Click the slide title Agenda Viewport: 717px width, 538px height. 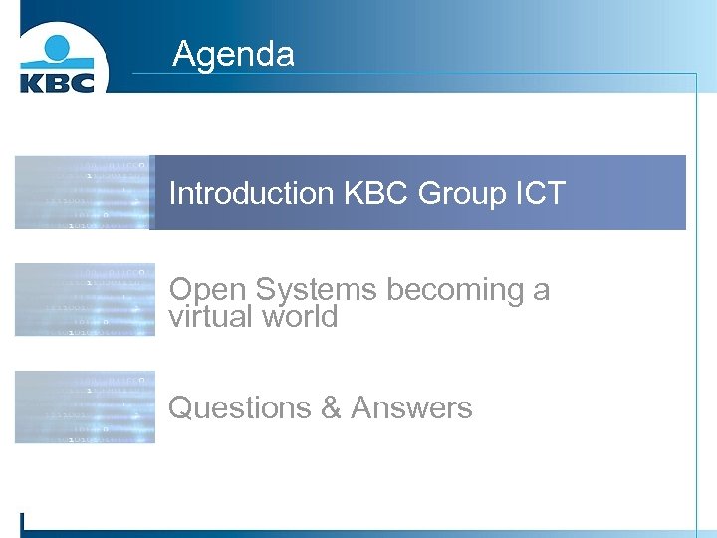[x=233, y=53]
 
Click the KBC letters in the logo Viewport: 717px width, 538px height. [x=58, y=81]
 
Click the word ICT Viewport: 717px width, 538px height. [x=542, y=193]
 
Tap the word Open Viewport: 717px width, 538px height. [x=208, y=290]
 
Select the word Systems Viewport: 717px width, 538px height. [x=317, y=290]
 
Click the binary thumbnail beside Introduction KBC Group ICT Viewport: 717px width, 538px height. [x=85, y=192]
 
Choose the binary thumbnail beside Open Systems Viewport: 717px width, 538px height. [x=85, y=300]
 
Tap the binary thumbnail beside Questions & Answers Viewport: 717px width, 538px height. [x=85, y=406]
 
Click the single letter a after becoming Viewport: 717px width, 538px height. [x=541, y=291]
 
